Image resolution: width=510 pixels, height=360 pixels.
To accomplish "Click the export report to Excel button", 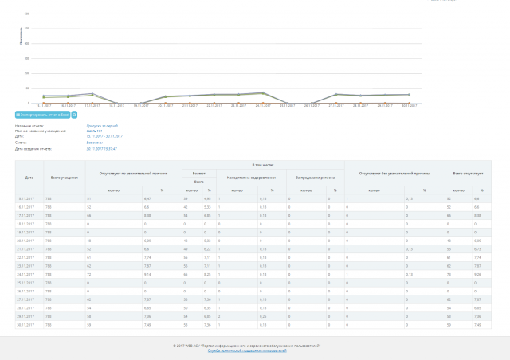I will click(x=42, y=115).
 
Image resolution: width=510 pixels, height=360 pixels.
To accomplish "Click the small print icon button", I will click(x=75, y=115).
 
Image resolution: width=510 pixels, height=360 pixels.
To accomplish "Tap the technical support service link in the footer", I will click(x=246, y=350).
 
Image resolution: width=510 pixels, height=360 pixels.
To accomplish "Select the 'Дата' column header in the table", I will click(x=29, y=177).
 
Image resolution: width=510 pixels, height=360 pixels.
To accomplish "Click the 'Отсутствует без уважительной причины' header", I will click(x=394, y=172).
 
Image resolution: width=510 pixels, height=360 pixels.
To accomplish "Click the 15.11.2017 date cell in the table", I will click(x=25, y=198).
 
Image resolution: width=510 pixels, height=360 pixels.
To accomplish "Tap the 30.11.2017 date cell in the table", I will click(x=25, y=325).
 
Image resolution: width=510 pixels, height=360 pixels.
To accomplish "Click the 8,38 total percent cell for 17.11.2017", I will click(x=477, y=215).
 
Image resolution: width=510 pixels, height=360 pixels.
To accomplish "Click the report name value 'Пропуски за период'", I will click(x=102, y=126).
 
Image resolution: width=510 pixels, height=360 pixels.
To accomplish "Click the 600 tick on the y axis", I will click(x=27, y=14).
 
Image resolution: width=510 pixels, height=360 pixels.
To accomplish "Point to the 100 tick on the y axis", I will click(x=27, y=88).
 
